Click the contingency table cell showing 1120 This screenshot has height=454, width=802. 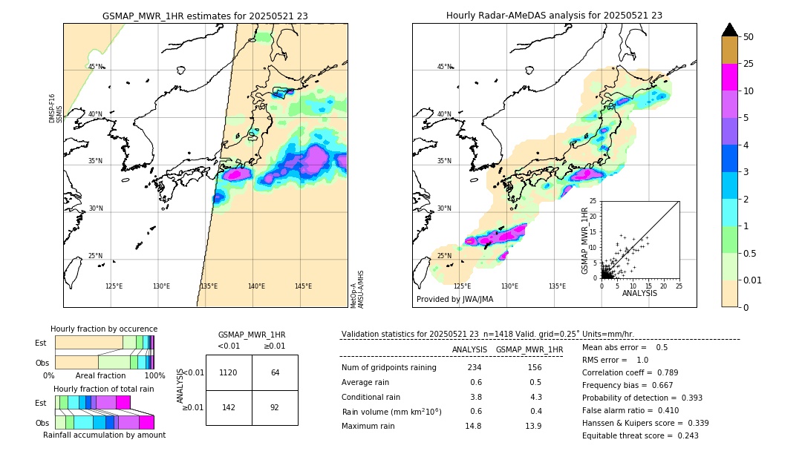coord(229,372)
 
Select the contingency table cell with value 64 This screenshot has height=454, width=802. coord(275,372)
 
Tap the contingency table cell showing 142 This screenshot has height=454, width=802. coord(229,407)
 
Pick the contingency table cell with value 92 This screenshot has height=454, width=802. coord(275,407)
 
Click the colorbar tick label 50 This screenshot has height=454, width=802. coord(749,37)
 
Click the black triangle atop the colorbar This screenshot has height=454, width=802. coord(729,30)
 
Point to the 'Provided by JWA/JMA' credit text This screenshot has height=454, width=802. coord(454,300)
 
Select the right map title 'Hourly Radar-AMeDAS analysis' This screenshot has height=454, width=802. coord(554,16)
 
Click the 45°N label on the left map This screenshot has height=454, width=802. coord(96,67)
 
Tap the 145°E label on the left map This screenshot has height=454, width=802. coord(303,286)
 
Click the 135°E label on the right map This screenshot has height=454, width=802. coord(557,286)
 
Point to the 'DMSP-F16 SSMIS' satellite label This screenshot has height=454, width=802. coord(52,108)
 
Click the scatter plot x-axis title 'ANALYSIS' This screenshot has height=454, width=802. coord(639,293)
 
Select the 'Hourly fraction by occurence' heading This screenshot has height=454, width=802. coord(104,329)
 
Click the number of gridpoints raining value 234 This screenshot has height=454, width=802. coord(475,368)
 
